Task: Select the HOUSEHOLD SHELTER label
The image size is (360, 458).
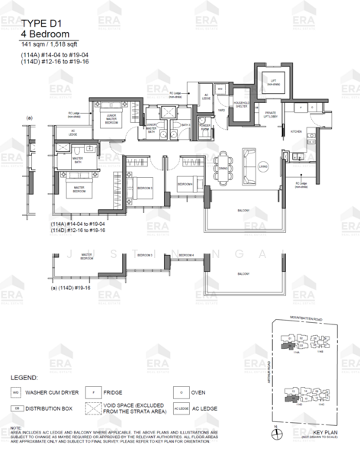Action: click(238, 106)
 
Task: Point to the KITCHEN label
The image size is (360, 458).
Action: click(297, 131)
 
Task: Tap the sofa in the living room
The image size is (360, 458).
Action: click(249, 160)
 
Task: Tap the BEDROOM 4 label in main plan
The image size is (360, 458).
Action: click(185, 184)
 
